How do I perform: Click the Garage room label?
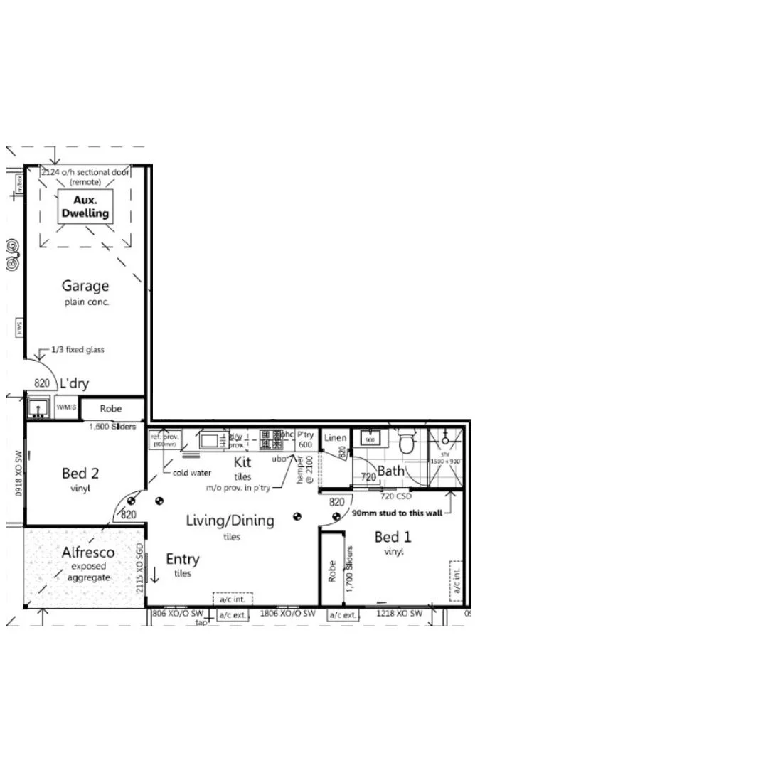pyautogui.click(x=85, y=286)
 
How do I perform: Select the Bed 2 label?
pyautogui.click(x=80, y=473)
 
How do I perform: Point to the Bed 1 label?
pyautogui.click(x=393, y=538)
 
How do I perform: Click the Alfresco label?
pyautogui.click(x=87, y=553)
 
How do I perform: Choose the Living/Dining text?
pyautogui.click(x=230, y=521)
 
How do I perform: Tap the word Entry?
pyautogui.click(x=183, y=560)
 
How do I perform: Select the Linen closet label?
pyautogui.click(x=335, y=438)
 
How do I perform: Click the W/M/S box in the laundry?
pyautogui.click(x=66, y=407)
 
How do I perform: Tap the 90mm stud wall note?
pyautogui.click(x=397, y=512)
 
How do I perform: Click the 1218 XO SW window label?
pyautogui.click(x=399, y=613)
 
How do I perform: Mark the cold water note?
pyautogui.click(x=191, y=472)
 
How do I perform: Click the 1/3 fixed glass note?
pyautogui.click(x=78, y=350)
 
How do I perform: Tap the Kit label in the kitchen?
pyautogui.click(x=242, y=462)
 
